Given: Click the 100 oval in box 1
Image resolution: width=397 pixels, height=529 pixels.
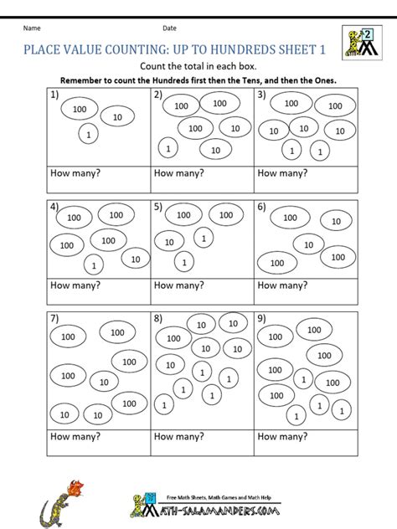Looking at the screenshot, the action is coord(80,109).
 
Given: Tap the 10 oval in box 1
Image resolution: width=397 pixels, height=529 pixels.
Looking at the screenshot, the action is coord(117,117).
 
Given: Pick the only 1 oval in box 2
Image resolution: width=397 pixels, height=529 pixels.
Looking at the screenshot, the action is coord(168,149).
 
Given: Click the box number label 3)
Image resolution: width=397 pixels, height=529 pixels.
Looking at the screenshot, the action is coord(261,95).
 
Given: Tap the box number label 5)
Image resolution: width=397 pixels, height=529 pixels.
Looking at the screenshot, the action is coord(157,207).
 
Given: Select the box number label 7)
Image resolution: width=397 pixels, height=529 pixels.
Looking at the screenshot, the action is coord(54,318).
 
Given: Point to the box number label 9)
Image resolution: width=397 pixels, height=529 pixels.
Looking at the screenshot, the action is coord(261,318).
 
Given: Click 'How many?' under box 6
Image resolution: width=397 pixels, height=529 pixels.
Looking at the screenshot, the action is coord(281,285).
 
